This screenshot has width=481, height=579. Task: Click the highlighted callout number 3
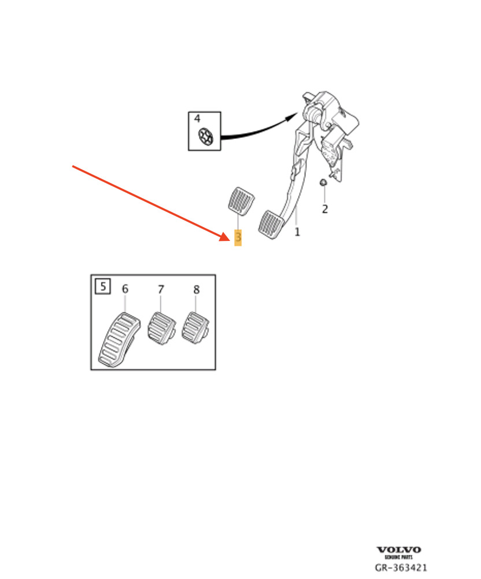[x=238, y=237]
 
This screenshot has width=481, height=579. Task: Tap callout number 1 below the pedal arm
[x=297, y=232]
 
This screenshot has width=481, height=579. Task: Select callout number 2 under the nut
[x=325, y=209]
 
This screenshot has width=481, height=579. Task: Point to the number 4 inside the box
[x=197, y=119]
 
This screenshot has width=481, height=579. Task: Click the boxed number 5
[x=103, y=286]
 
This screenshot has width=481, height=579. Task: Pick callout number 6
[x=125, y=289]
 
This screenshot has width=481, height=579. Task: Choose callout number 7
[x=161, y=289]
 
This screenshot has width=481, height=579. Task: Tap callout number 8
[x=197, y=289]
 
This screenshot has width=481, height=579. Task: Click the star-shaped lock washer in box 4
[x=206, y=137]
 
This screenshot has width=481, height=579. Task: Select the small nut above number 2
[x=323, y=182]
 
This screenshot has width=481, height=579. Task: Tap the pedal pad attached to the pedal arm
[x=271, y=224]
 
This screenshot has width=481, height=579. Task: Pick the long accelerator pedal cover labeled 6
[x=120, y=340]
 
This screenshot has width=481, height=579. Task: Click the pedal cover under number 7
[x=161, y=328]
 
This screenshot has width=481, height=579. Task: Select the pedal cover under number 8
[x=195, y=327]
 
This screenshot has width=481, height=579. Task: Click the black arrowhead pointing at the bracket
[x=291, y=117]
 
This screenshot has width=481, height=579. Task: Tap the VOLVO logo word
[x=398, y=550]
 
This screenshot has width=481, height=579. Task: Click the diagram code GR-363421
[x=401, y=567]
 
